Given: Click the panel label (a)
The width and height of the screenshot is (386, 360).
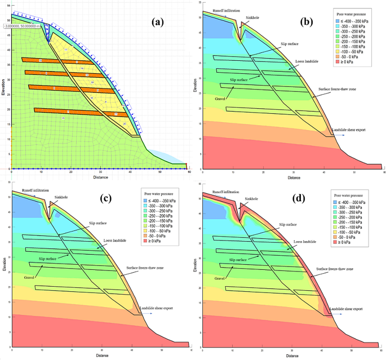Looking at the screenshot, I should point(158,23).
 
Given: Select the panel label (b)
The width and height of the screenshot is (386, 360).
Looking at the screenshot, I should point(307,22).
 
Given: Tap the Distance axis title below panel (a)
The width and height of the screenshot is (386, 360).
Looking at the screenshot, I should point(101,176).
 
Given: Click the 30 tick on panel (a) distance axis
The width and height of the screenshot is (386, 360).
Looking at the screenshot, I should point(100,171).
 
